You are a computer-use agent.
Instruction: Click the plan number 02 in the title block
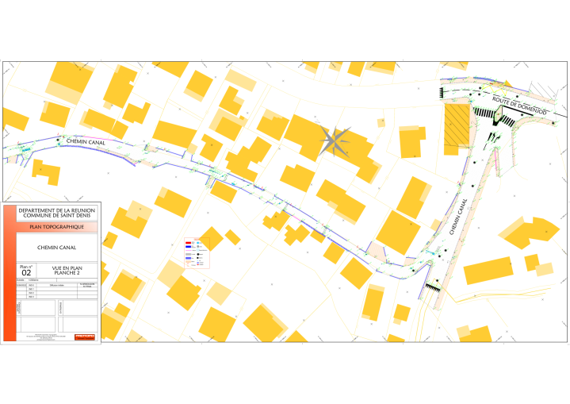pyautogui.click(x=26, y=272)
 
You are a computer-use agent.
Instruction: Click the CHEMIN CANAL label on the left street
pyautogui.click(x=87, y=142)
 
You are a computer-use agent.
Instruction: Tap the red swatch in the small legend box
pyautogui.click(x=189, y=241)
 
